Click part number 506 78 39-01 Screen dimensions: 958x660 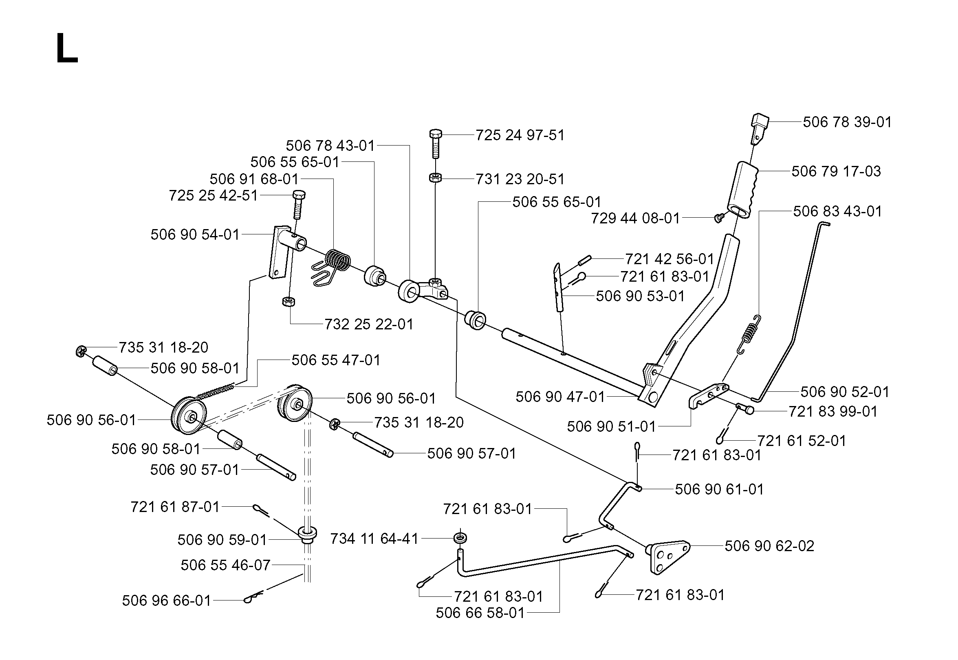[x=847, y=122]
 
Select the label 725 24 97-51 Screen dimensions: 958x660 [x=520, y=135]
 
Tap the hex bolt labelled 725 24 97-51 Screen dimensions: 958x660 [x=436, y=143]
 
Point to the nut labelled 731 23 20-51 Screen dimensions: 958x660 [x=435, y=178]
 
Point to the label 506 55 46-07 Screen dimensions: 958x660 [x=226, y=565]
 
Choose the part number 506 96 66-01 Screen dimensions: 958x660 [x=167, y=600]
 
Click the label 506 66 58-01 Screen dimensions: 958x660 [x=480, y=613]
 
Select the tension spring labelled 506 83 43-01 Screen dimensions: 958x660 [x=750, y=335]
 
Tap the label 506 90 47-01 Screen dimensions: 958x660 [x=560, y=397]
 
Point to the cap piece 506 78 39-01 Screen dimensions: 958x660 [x=759, y=128]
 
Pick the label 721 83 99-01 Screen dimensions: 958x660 [x=833, y=411]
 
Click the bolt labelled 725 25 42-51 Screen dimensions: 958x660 [x=298, y=205]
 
